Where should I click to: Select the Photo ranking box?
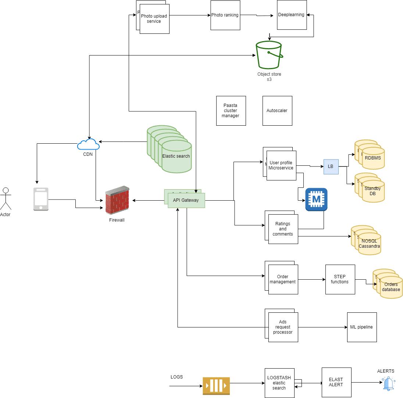[225, 15]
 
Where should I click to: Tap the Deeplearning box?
[292, 15]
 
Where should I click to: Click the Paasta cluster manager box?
[231, 111]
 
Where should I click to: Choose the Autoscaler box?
[277, 111]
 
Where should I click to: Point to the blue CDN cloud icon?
[88, 144]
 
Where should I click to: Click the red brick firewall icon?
[117, 201]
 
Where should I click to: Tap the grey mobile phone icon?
[41, 199]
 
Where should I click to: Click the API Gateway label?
[186, 200]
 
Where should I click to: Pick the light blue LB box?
[331, 166]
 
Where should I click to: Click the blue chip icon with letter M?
[316, 200]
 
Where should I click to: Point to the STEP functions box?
[340, 279]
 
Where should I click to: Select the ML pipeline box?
[362, 327]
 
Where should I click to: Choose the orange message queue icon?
[216, 386]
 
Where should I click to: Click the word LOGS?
[176, 377]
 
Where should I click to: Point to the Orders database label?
[391, 287]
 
